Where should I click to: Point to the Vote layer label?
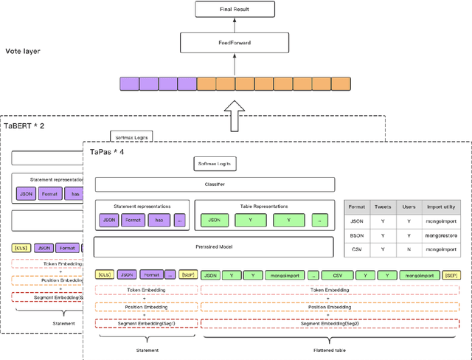[x=23, y=51]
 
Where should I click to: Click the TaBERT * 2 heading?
[x=24, y=126]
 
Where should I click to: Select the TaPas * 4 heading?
[x=108, y=151]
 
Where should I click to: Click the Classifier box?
[x=214, y=184]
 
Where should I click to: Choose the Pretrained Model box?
[x=214, y=246]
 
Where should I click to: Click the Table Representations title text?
[x=264, y=207]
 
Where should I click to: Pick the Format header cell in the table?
[x=356, y=207]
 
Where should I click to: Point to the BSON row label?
[x=356, y=235]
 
